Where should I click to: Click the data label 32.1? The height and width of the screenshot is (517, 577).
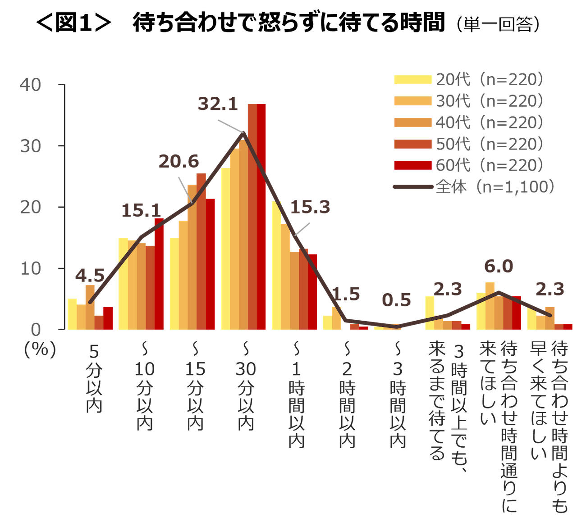[218, 104]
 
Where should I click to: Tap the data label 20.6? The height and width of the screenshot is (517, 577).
[179, 161]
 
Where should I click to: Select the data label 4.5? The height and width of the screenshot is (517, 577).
[90, 275]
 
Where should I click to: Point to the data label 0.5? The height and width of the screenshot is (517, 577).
[396, 300]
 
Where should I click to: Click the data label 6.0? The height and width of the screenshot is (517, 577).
[499, 266]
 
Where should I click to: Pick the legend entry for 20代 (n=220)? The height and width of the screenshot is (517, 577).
[469, 80]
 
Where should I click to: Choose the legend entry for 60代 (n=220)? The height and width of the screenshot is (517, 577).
[469, 165]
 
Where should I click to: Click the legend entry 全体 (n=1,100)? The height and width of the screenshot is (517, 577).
[473, 186]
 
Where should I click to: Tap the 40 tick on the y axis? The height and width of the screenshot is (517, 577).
[31, 85]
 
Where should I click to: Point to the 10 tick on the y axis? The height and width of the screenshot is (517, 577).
[31, 268]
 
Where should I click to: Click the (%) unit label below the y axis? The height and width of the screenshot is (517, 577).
[40, 349]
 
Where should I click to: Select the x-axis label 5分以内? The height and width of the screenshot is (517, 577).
[94, 378]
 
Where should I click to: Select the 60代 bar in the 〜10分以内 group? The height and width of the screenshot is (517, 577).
[159, 274]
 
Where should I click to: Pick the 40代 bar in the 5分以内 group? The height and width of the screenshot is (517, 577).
[90, 307]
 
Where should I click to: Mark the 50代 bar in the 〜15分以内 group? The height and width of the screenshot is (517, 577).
[201, 251]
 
